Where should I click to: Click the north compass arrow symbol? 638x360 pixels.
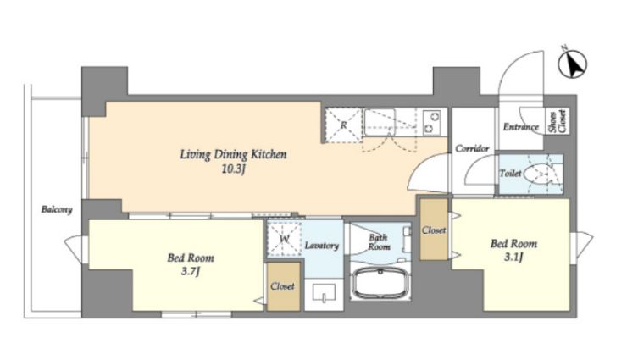tap(573, 64)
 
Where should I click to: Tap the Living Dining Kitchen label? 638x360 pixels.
tap(233, 154)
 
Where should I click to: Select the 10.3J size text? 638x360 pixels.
tap(233, 169)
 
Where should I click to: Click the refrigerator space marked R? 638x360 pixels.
tap(343, 125)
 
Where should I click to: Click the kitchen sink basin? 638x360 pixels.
tap(380, 122)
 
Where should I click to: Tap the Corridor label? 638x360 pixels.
tap(472, 148)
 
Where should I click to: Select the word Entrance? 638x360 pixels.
tap(520, 127)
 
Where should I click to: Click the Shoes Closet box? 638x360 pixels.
tap(557, 121)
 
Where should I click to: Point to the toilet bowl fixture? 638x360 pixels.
tap(537, 174)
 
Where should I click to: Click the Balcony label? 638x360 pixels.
tap(57, 210)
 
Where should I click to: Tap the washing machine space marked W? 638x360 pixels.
tap(284, 239)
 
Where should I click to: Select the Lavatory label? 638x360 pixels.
tap(321, 246)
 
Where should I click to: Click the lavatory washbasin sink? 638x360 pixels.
tap(324, 292)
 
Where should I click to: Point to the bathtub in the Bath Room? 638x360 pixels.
tap(380, 284)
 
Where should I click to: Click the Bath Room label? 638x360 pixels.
tap(379, 242)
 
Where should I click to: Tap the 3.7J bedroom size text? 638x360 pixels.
tap(191, 271)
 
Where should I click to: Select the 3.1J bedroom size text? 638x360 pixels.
tap(513, 258)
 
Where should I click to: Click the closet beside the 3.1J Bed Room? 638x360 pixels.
tap(434, 230)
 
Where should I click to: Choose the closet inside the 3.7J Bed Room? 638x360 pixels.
tap(283, 286)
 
